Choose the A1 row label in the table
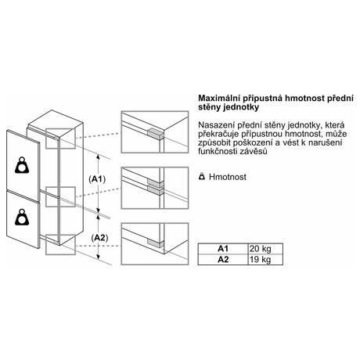click(x=223, y=249)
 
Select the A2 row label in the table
click(x=223, y=260)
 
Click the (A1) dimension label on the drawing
click(x=97, y=179)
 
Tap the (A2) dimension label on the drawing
click(x=99, y=238)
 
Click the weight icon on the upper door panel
click(x=22, y=165)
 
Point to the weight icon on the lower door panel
click(x=22, y=217)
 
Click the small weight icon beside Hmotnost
click(x=202, y=177)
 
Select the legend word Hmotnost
click(x=228, y=177)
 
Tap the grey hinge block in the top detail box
click(x=155, y=133)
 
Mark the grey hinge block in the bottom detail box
click(x=155, y=243)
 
